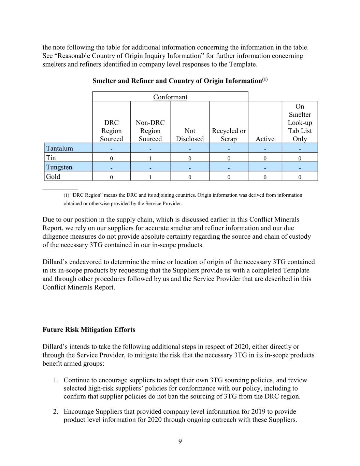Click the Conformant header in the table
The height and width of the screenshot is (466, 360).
(170, 97)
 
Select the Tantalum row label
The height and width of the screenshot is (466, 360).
(59, 148)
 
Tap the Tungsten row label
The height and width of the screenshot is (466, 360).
(59, 167)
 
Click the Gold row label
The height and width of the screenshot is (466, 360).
(53, 176)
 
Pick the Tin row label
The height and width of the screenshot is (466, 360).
(51, 158)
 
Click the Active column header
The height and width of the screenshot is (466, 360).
(265, 139)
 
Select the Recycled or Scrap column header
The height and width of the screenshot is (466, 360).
(229, 135)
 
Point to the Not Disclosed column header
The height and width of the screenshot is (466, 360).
(190, 135)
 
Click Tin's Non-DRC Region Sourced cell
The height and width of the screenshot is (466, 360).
(150, 158)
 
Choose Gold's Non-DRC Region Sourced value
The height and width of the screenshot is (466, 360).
(150, 177)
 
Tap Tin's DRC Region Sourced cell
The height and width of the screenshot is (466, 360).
(111, 158)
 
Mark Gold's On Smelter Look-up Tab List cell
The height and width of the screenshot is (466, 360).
(300, 177)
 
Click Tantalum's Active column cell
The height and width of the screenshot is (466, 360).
(265, 149)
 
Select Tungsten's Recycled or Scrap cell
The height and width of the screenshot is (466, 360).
(229, 168)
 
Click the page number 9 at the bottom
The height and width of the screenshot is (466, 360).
(180, 441)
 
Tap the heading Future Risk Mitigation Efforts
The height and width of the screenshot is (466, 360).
(89, 330)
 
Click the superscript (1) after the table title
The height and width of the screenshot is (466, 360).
(265, 80)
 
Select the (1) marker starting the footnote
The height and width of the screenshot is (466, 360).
(66, 195)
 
